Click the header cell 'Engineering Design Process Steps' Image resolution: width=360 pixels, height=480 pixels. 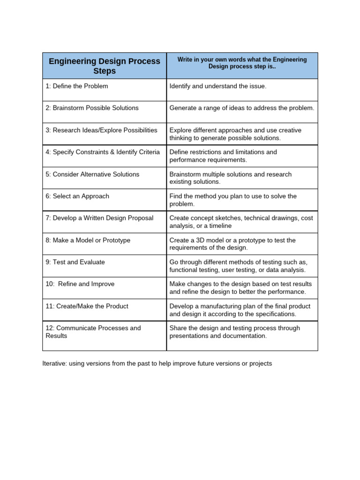104,66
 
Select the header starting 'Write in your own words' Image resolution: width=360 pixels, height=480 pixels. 242,63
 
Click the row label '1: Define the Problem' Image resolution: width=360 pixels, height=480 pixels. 77,86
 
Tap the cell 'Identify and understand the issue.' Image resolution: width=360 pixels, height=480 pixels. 217,86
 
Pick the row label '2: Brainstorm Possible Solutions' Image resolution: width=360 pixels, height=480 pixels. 92,108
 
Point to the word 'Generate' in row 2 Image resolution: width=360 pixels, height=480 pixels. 183,108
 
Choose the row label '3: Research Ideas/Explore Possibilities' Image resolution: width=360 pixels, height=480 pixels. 101,130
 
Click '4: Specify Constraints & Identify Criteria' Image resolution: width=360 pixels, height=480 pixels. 103,152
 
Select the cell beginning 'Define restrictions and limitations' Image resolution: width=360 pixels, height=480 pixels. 223,156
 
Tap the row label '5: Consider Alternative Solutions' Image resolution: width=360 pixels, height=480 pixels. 92,174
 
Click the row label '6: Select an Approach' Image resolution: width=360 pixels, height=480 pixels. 77,196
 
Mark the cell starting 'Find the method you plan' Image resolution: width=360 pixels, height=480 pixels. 233,200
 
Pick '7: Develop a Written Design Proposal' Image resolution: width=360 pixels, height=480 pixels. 99,218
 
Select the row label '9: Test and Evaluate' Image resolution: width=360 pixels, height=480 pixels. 75,262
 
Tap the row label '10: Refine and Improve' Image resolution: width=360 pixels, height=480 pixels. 80,284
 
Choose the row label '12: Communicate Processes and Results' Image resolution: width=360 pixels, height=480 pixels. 93,332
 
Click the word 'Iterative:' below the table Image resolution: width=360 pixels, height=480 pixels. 54,364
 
